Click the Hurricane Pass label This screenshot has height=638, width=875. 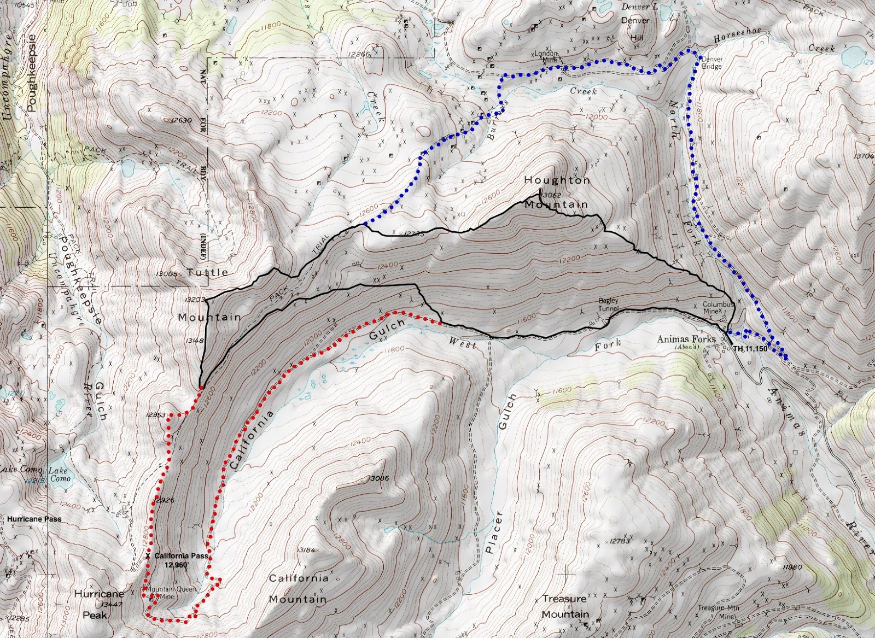pos(34,519)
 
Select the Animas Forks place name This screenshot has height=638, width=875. pos(686,339)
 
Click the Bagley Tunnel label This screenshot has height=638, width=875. pos(608,305)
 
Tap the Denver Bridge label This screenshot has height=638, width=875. pos(711,63)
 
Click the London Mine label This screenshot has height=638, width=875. pos(546,57)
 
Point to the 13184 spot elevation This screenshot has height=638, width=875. pos(306,550)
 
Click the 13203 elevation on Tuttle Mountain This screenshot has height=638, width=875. pos(195,300)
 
